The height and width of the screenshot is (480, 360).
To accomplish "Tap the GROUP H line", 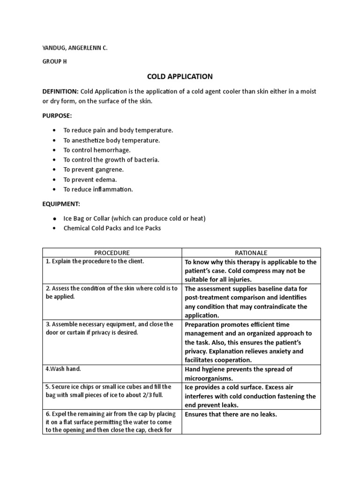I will [x=54, y=61].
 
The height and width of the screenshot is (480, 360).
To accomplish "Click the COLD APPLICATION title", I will [x=180, y=76].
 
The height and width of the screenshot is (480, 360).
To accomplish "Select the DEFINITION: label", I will [x=60, y=91].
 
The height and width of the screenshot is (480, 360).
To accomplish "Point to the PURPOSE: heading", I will [x=58, y=115].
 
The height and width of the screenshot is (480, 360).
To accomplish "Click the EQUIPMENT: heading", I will [x=61, y=204].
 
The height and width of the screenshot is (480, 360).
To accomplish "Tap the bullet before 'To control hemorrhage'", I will [x=55, y=150].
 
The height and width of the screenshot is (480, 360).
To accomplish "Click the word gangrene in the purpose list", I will [x=108, y=170].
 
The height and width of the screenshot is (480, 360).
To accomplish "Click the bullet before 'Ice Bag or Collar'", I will [x=55, y=218].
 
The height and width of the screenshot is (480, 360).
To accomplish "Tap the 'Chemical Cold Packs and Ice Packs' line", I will [x=112, y=228].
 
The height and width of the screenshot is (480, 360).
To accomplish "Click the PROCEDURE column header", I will [x=112, y=253].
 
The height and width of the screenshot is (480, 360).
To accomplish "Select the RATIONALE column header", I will [x=251, y=253].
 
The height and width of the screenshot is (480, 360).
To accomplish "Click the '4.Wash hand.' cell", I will [x=63, y=369].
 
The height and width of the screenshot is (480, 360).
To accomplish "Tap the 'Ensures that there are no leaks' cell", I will [x=231, y=414].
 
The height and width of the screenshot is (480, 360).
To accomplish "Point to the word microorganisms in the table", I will [x=209, y=378].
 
